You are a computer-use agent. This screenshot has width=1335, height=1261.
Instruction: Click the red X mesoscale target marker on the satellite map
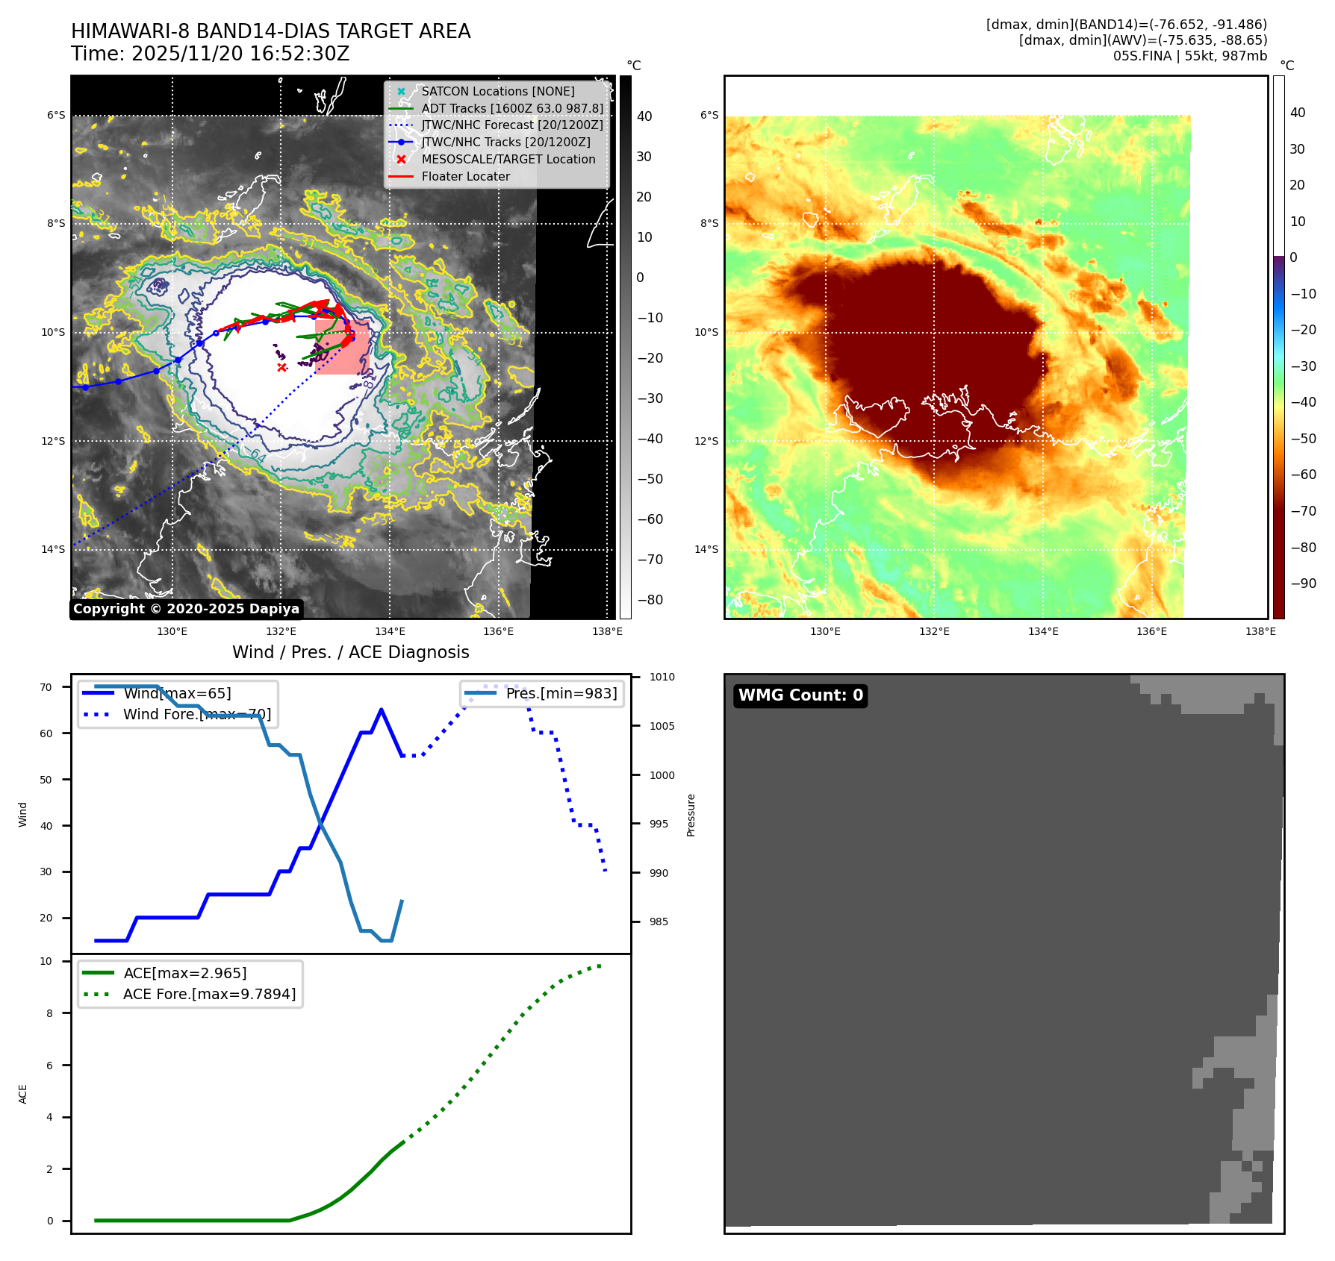[x=281, y=367]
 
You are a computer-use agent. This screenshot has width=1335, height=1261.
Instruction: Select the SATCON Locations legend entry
[x=497, y=91]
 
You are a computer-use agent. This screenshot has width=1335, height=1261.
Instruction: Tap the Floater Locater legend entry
[x=465, y=176]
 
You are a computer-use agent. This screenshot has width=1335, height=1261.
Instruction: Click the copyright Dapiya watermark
[x=186, y=609]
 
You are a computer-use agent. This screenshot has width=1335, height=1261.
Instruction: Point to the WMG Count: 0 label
[x=800, y=695]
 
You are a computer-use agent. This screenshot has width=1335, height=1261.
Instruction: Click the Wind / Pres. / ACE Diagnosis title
[x=350, y=652]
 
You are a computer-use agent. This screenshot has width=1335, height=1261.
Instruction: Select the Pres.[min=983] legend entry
[x=561, y=693]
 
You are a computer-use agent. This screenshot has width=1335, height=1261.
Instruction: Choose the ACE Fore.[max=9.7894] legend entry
[x=209, y=994]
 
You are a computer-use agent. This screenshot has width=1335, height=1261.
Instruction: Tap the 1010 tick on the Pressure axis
[x=662, y=677]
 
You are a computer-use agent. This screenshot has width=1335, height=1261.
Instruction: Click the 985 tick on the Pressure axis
[x=659, y=921]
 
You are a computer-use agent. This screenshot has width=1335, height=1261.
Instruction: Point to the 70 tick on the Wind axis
[x=46, y=687]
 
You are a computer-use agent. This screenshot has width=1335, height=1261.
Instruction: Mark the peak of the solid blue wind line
[x=382, y=710]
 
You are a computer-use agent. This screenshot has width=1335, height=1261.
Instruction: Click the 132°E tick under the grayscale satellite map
[x=281, y=631]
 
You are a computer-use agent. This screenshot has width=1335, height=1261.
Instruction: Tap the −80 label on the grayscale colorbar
[x=650, y=600]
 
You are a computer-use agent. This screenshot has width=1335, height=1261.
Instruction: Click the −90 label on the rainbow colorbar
[x=1303, y=583]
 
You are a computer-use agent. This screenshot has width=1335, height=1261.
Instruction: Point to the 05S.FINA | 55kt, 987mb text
[x=1189, y=56]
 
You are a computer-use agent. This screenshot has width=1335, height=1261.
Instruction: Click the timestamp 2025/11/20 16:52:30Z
[x=240, y=54]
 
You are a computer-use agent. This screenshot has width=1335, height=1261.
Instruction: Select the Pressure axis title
[x=691, y=815]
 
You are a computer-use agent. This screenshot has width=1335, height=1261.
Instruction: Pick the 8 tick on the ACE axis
[x=49, y=1013]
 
